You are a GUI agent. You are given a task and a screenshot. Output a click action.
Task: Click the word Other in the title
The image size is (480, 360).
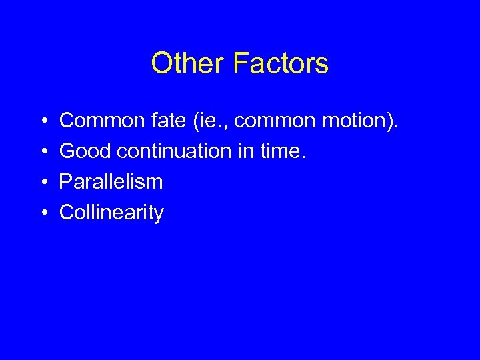[x=188, y=64]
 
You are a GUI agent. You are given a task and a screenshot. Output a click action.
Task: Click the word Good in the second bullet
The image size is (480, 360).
[x=85, y=151]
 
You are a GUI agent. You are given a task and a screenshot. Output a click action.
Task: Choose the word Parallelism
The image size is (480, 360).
[x=111, y=182]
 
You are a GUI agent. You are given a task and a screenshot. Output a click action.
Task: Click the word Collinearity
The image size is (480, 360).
[x=111, y=213]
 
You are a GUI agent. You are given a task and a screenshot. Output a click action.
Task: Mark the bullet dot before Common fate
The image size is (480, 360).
[x=43, y=121]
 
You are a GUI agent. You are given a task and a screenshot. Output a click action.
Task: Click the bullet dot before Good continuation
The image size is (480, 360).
[x=43, y=152]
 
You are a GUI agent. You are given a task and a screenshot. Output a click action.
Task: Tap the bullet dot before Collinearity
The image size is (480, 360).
[x=43, y=213]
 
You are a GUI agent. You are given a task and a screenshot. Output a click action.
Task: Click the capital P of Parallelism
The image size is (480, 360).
[x=65, y=182]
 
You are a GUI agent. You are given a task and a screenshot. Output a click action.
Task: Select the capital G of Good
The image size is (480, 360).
[x=67, y=151]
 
